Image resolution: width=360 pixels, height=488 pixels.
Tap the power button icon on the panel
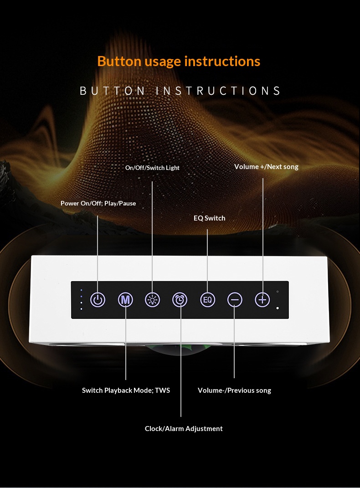[98, 300]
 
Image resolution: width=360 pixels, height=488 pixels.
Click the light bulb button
[153, 300]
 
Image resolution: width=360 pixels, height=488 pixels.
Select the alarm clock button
[180, 300]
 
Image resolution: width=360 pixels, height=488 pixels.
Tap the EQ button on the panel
[207, 300]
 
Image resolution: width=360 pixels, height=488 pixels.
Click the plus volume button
[262, 300]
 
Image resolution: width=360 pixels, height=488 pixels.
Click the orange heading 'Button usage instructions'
[179, 62]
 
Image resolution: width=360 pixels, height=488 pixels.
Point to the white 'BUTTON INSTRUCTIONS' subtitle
[180, 91]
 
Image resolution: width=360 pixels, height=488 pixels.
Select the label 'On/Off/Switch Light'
[152, 168]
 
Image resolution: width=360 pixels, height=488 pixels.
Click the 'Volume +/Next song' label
[266, 167]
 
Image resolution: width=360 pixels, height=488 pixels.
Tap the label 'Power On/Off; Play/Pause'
[98, 203]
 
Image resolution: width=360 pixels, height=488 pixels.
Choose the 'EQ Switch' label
[210, 218]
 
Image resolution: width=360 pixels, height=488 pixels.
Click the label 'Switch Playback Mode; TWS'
[126, 390]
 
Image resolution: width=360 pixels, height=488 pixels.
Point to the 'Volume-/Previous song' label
[234, 390]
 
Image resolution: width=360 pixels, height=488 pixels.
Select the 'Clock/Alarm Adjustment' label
[184, 429]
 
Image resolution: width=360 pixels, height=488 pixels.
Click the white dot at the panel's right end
[278, 308]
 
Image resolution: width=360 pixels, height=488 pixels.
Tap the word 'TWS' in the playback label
[162, 390]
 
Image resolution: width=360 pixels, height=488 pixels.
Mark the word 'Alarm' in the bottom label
[174, 429]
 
